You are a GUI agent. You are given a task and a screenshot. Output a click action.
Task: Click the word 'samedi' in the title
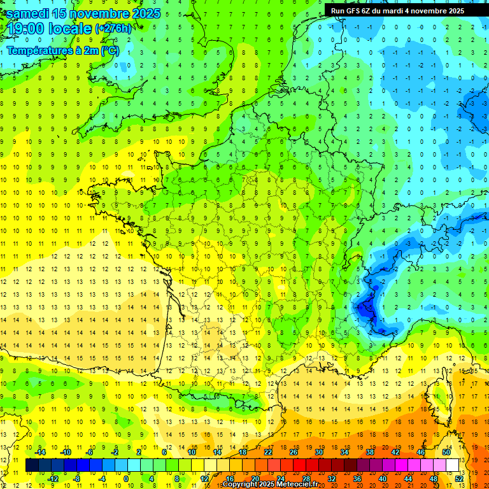click(x=31, y=13)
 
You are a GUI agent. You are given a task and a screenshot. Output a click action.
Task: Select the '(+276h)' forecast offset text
click(x=113, y=29)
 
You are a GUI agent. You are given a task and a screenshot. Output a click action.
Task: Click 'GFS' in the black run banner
click(x=355, y=11)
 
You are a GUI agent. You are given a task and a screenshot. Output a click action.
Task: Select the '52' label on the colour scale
click(x=460, y=479)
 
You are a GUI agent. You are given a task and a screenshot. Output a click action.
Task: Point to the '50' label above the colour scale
click(x=446, y=452)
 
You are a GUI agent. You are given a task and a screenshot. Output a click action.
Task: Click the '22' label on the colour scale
click(x=268, y=452)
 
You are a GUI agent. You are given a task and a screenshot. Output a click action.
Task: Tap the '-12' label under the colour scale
click(x=53, y=479)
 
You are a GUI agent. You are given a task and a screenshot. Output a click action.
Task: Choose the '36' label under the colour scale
click(x=357, y=479)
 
